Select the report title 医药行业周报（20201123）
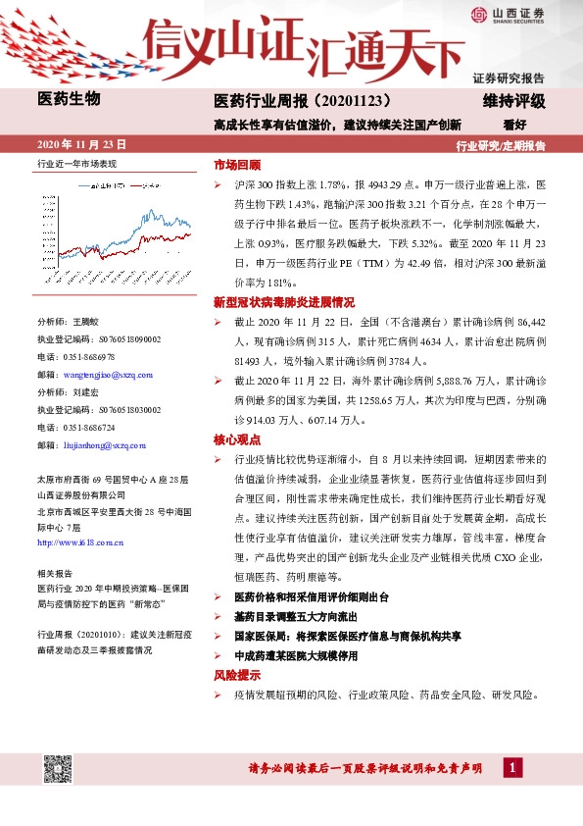click(x=302, y=100)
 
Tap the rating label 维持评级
click(x=514, y=100)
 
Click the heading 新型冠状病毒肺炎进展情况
click(x=283, y=301)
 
